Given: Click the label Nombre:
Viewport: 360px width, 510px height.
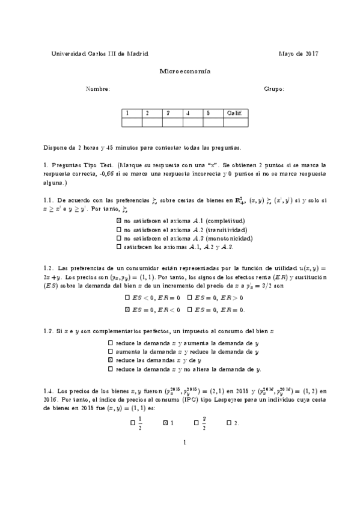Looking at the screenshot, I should pos(98,89).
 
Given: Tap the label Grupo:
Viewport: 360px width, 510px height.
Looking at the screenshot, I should pos(274,89).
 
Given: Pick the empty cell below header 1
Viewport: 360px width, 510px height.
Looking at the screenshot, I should pos(131,122).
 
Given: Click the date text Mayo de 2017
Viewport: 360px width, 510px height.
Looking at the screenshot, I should pos(299,53).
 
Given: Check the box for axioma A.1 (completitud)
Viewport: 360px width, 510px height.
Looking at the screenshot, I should pos(118,221).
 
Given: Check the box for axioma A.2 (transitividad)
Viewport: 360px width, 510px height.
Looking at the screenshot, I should pos(118,230).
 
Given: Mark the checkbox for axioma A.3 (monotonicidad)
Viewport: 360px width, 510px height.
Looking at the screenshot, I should pos(118,238).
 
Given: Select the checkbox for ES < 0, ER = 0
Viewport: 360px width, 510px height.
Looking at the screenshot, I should pos(127,298).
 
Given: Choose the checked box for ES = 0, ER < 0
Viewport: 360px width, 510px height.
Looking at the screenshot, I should pos(127,310).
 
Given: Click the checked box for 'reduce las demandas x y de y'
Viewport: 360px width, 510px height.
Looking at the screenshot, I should pos(111,360).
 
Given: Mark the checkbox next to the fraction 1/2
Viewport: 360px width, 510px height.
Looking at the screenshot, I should pos(133,423).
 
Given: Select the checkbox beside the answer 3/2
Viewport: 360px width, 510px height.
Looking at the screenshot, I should pos(197,423).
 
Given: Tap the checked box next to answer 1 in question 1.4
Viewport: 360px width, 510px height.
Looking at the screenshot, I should pos(165,423).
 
